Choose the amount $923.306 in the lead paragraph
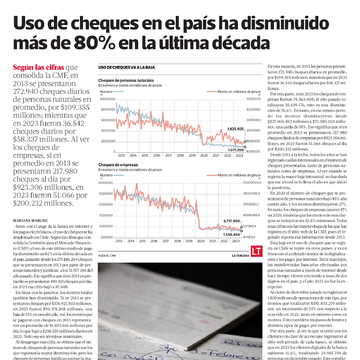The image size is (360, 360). pyautogui.click(x=32, y=183)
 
